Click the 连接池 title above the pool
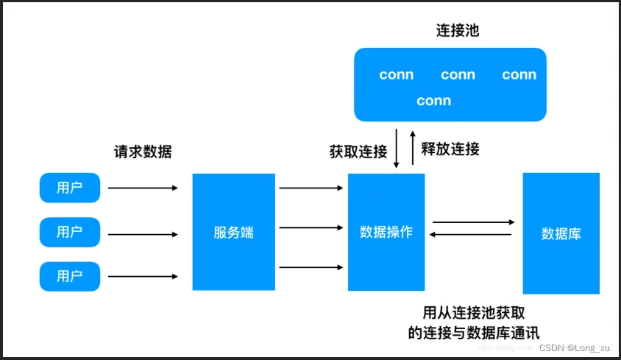click(x=458, y=32)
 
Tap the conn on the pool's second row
click(x=433, y=101)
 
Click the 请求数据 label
click(x=143, y=152)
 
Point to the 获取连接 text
click(x=358, y=152)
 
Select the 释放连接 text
click(x=450, y=149)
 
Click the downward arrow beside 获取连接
click(x=397, y=148)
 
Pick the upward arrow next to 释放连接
click(x=413, y=148)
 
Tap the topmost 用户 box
click(x=69, y=188)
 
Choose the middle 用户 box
click(x=69, y=232)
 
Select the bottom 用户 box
click(x=69, y=276)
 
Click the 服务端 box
click(x=234, y=232)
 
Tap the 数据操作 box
click(x=386, y=232)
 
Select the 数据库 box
click(x=561, y=233)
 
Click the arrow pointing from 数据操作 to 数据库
click(x=473, y=222)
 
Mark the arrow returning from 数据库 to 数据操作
click(x=471, y=234)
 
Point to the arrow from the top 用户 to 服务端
click(x=143, y=188)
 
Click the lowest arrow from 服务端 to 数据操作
click(x=312, y=267)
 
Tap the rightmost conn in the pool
click(x=519, y=75)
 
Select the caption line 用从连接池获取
click(x=473, y=311)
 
